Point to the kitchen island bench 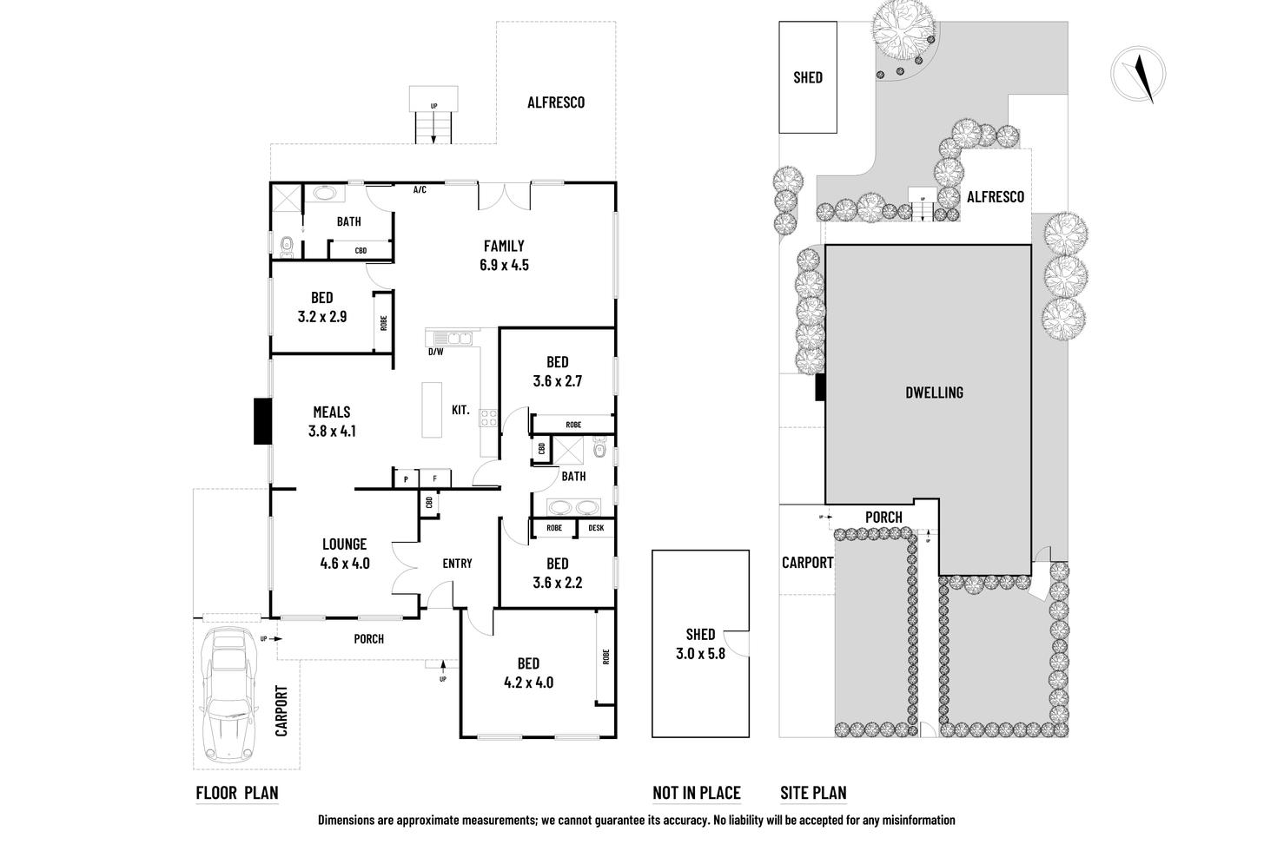click(x=432, y=410)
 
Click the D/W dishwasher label click(x=435, y=352)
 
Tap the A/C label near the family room click(x=420, y=189)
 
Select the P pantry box click(x=406, y=478)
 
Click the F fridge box click(x=435, y=478)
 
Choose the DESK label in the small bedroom click(x=596, y=528)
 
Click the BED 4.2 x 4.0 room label click(x=528, y=673)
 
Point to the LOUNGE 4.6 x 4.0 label click(x=345, y=553)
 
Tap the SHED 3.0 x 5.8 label click(x=700, y=644)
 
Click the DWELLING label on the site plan click(x=934, y=393)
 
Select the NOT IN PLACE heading click(x=697, y=793)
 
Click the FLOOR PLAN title click(x=237, y=793)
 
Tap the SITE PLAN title click(x=813, y=793)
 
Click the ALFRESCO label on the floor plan click(x=556, y=102)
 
